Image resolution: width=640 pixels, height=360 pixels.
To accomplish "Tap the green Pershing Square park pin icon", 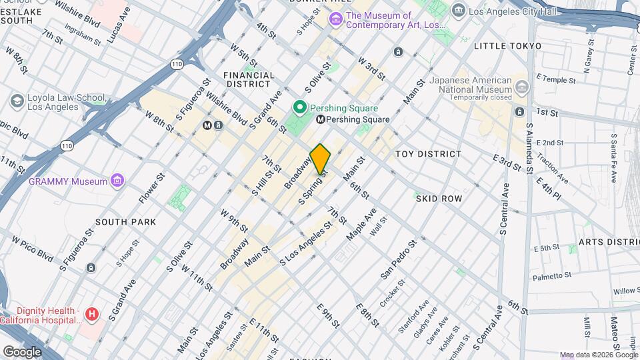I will (300, 107).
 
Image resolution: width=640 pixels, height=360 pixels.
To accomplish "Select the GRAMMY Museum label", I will (68, 181).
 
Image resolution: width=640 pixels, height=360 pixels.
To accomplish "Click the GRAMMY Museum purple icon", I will (118, 181).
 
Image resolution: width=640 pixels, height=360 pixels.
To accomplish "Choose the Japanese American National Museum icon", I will (521, 88).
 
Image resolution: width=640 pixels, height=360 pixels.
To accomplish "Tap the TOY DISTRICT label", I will (428, 154).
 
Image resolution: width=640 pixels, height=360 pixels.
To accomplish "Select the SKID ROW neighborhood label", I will (439, 199).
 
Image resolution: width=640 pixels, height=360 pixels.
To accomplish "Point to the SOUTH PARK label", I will (125, 222).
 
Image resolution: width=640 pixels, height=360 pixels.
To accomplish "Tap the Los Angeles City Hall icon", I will (458, 10).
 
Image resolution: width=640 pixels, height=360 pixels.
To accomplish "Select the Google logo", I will (21, 351).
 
